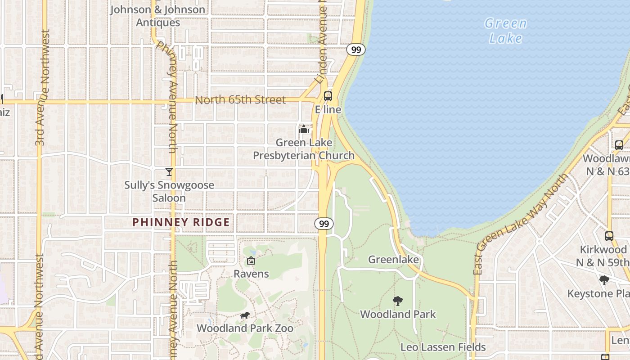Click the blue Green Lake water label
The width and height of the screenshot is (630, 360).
[x=505, y=31]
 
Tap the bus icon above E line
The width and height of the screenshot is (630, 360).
[x=328, y=96]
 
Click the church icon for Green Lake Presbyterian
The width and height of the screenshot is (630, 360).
[x=304, y=130]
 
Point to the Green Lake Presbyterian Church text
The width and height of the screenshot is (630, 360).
[x=304, y=149]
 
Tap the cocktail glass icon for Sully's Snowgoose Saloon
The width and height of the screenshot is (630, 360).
[x=169, y=172]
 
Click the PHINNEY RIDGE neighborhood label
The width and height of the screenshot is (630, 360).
[x=181, y=222]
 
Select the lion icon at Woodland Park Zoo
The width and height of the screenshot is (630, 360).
[x=244, y=315]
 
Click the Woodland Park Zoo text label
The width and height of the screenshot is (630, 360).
[x=245, y=328]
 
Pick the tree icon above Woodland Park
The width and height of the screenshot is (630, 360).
[x=397, y=301]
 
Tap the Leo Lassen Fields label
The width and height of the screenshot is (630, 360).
[x=443, y=347]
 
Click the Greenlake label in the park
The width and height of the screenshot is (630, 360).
[x=393, y=260]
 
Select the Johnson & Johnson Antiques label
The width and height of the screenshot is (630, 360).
[x=157, y=16]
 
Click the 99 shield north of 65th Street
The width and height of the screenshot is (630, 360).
[x=355, y=49]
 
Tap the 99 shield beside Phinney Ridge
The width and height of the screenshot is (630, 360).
[x=324, y=224]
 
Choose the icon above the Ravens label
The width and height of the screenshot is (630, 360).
[x=251, y=261]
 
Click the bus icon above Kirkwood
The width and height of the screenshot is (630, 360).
[x=609, y=236]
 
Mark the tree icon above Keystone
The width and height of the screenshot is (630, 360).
[x=604, y=280]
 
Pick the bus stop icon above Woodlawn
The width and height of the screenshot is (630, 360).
[x=619, y=145]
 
